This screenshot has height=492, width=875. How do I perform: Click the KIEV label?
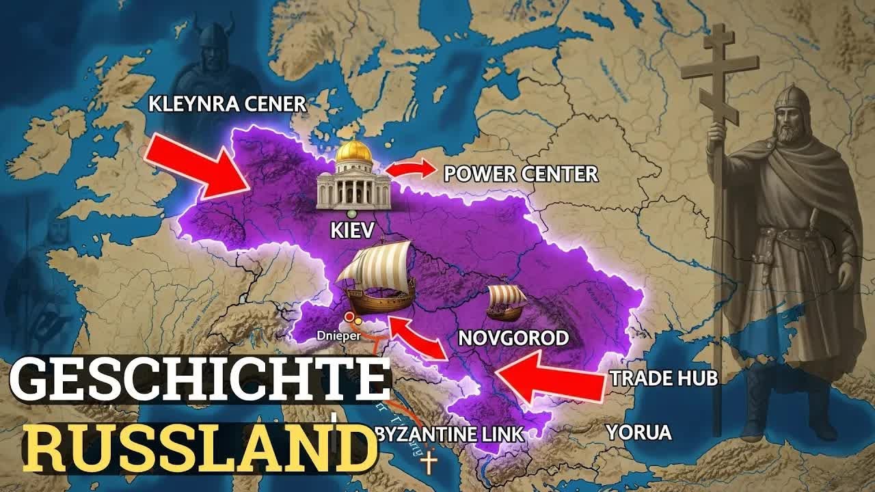click(x=353, y=230)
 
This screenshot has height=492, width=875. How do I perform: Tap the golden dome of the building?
click(x=354, y=152)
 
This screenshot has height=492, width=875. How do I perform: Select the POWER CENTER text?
click(x=521, y=174)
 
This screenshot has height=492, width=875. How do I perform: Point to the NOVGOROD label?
click(x=513, y=338)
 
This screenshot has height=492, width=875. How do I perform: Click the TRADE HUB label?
click(x=664, y=379)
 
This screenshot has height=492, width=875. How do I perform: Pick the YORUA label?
click(x=638, y=433)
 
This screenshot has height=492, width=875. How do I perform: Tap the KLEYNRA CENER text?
click(x=228, y=105)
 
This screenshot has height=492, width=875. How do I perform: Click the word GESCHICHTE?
click(x=198, y=380)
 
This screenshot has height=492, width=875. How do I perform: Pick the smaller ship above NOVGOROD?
click(x=507, y=301)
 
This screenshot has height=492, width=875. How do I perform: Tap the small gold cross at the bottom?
click(x=429, y=463)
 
